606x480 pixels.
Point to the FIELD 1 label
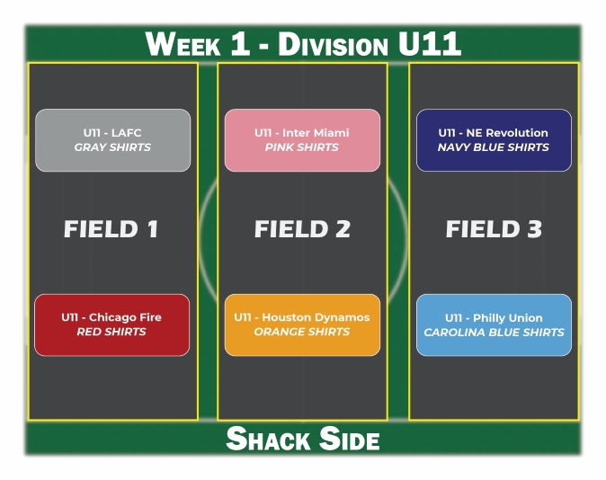(x=111, y=229)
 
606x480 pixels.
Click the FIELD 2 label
(x=302, y=229)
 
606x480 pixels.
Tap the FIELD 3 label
(x=494, y=229)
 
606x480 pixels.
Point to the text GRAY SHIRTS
(x=112, y=147)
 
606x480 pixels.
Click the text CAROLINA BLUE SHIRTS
(x=494, y=332)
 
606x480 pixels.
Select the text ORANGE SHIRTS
(x=302, y=332)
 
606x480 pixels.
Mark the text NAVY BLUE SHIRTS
(x=494, y=147)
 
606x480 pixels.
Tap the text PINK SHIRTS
(x=302, y=147)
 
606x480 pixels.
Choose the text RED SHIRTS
(x=111, y=332)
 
